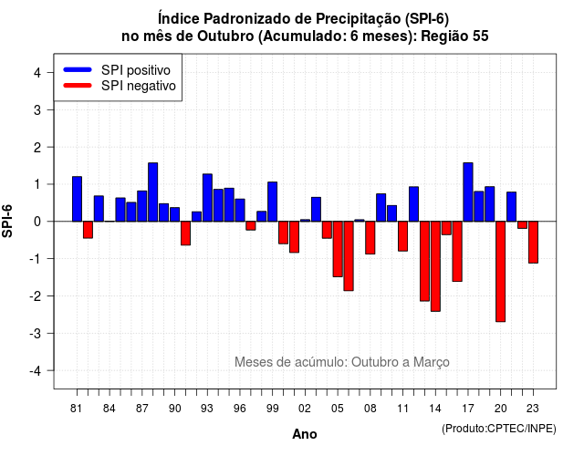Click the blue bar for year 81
click(77, 199)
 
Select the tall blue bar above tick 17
click(468, 192)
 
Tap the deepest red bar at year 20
click(501, 272)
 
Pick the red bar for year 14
click(435, 266)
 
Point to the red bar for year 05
click(338, 249)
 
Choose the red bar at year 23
click(533, 243)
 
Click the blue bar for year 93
click(207, 198)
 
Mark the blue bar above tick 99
click(273, 202)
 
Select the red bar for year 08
click(370, 238)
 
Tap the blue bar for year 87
click(142, 206)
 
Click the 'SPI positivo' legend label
click(136, 70)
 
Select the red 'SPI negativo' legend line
click(78, 85)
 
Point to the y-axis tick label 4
click(37, 73)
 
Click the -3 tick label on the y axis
click(35, 333)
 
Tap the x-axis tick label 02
click(305, 409)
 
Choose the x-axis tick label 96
click(240, 409)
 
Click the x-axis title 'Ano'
click(305, 434)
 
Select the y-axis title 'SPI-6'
click(7, 221)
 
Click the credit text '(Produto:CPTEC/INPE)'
click(499, 429)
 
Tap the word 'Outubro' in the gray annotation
click(375, 362)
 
